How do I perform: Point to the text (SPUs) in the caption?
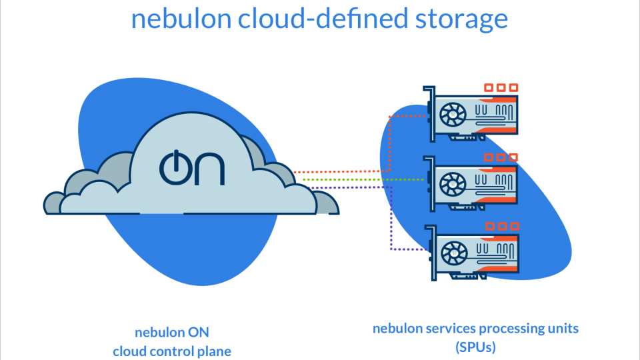coord(475,347)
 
